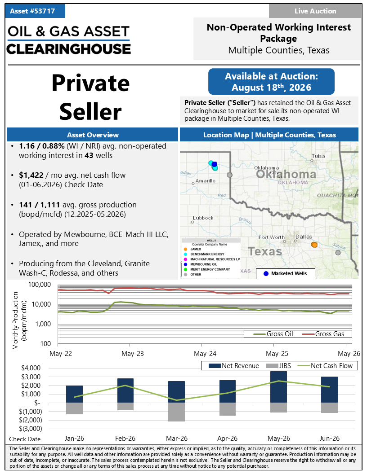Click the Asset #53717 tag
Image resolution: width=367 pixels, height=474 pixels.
tap(35, 11)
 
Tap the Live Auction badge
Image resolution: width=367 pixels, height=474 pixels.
tap(315, 11)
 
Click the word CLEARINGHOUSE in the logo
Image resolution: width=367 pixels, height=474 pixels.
tap(69, 49)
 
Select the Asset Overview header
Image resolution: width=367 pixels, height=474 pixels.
tap(93, 135)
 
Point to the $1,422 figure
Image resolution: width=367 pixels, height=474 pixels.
tap(31, 175)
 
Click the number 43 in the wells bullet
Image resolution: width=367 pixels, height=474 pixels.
tap(89, 155)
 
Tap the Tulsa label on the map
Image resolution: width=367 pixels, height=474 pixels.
tap(318, 156)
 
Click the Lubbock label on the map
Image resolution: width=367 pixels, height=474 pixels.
tap(203, 218)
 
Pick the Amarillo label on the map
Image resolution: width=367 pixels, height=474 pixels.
tap(205, 181)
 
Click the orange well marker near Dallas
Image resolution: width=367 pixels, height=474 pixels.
tap(314, 245)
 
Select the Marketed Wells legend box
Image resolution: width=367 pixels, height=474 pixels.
tap(285, 273)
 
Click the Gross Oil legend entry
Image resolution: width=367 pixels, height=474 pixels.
tap(273, 334)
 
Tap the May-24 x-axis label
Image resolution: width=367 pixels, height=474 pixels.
tap(205, 353)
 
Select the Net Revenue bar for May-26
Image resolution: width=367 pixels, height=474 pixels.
tap(278, 387)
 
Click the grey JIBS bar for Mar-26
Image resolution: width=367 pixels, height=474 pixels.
tap(177, 412)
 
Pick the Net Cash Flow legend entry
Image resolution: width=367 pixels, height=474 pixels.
tap(325, 366)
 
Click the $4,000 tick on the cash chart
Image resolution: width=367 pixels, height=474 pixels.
tap(31, 368)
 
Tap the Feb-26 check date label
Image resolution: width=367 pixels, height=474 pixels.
tap(125, 439)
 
